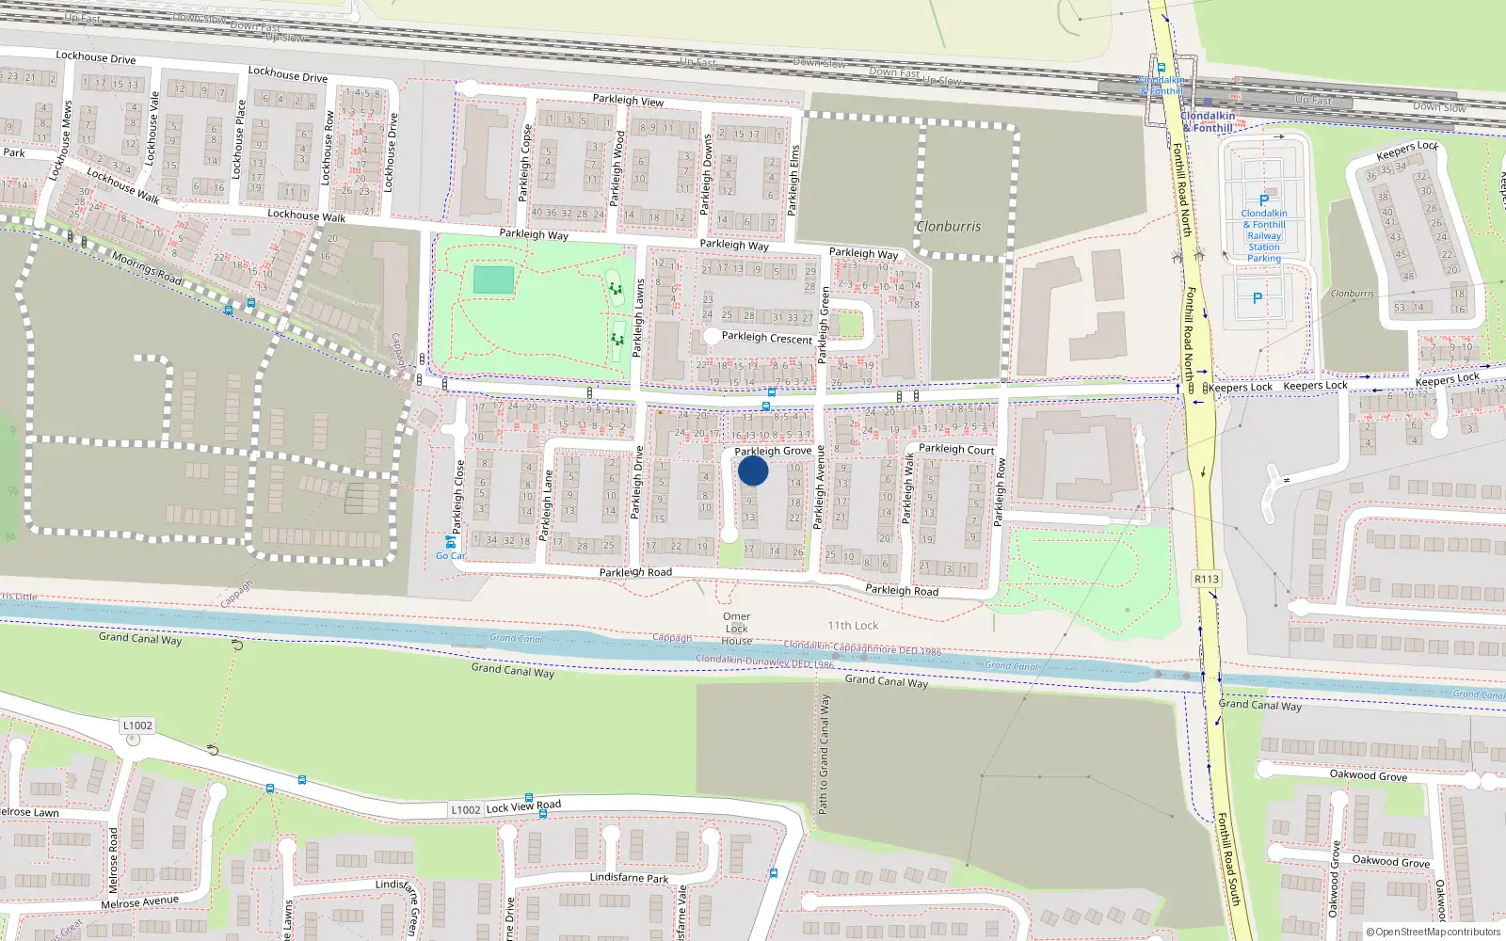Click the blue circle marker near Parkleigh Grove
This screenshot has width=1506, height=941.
tap(753, 470)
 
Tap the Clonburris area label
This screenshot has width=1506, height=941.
tap(949, 227)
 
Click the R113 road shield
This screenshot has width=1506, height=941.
tap(1206, 579)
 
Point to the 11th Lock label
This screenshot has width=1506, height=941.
tap(853, 625)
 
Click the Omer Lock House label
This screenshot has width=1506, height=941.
tap(737, 629)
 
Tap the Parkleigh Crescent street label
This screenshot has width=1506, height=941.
tap(766, 338)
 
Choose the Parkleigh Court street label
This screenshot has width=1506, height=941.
tap(956, 449)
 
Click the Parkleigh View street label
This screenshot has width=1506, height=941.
tap(628, 100)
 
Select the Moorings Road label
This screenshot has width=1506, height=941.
tap(147, 267)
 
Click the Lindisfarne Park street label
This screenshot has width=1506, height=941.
tap(629, 877)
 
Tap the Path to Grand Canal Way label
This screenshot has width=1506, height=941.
tap(824, 754)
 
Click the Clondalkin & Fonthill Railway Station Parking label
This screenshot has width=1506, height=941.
tap(1264, 235)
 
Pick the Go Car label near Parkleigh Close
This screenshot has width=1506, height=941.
tap(450, 555)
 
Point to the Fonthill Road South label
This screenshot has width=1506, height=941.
tap(1229, 859)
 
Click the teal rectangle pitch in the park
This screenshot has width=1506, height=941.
tap(493, 280)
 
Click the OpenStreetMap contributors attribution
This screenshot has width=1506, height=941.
tap(1434, 932)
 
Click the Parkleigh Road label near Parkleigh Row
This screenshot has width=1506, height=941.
tap(902, 590)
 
